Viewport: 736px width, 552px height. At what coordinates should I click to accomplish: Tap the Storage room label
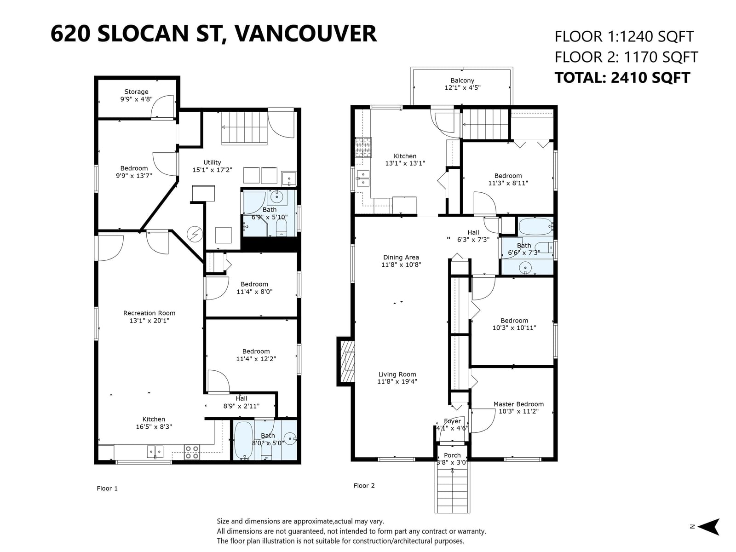[136, 92]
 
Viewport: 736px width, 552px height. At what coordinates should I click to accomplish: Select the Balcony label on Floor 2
[462, 80]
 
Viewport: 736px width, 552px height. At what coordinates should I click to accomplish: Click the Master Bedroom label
[518, 404]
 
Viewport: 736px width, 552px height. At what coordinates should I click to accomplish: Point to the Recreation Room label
[149, 313]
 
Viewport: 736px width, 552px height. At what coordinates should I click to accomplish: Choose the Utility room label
[212, 162]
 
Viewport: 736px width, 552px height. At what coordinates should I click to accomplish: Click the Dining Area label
[401, 258]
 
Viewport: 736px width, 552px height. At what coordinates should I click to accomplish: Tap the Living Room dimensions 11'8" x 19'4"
[397, 381]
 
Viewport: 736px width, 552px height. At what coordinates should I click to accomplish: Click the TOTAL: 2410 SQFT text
[622, 78]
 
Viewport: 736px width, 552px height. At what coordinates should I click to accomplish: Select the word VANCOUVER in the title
[305, 34]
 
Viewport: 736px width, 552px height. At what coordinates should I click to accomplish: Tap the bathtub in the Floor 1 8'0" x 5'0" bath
[244, 440]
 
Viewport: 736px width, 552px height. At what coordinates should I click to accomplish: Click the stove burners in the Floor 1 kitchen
[192, 452]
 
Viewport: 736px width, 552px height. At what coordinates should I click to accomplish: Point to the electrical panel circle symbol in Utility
[195, 234]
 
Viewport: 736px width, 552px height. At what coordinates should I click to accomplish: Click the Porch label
[452, 455]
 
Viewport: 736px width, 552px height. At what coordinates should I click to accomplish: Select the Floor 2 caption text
[364, 486]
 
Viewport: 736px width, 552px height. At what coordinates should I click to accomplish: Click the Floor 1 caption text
[107, 489]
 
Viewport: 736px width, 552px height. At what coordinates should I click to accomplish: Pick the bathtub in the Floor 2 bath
[536, 227]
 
